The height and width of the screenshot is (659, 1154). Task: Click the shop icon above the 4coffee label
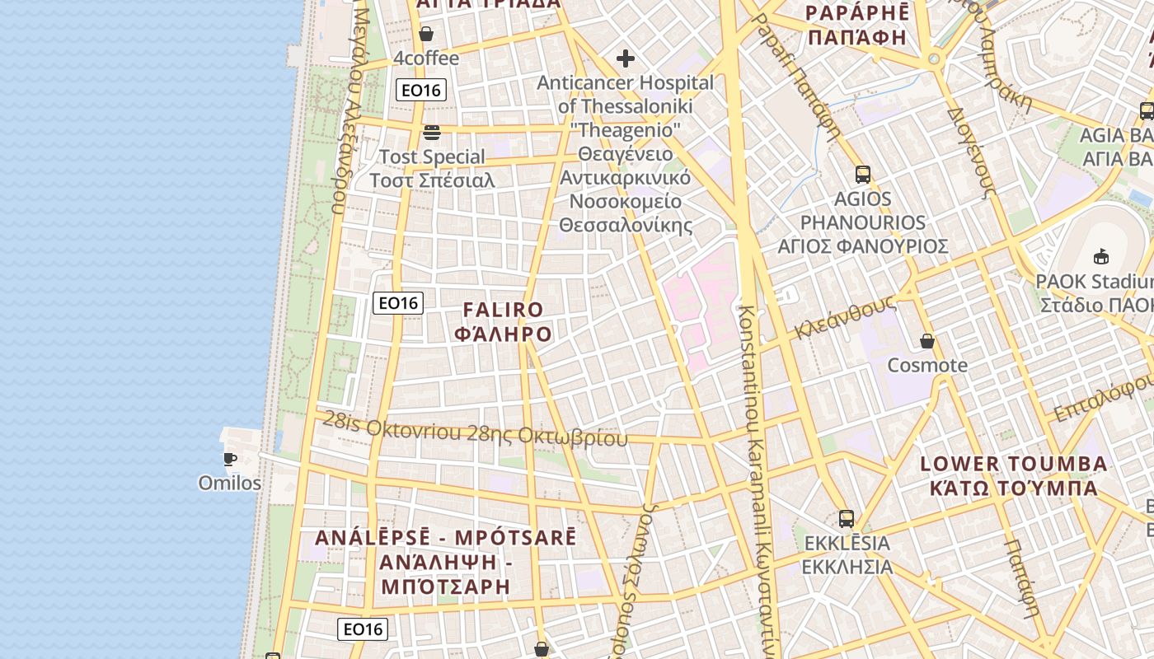pyautogui.click(x=426, y=34)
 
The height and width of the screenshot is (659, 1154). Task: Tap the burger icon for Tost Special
pyautogui.click(x=432, y=132)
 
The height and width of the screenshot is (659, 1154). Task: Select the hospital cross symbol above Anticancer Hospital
pyautogui.click(x=626, y=58)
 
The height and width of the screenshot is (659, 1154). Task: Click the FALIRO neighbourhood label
pyautogui.click(x=504, y=311)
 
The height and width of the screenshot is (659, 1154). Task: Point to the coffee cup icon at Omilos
pyautogui.click(x=230, y=459)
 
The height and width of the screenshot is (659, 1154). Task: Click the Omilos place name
pyautogui.click(x=230, y=483)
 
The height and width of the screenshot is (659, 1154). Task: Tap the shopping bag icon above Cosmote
pyautogui.click(x=927, y=341)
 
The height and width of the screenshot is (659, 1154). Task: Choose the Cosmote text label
pyautogui.click(x=927, y=365)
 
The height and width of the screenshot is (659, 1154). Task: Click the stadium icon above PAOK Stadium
pyautogui.click(x=1101, y=256)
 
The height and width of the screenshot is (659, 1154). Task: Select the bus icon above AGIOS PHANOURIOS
pyautogui.click(x=863, y=175)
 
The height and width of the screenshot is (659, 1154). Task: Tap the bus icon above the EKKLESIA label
pyautogui.click(x=847, y=519)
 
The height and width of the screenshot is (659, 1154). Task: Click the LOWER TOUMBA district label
pyautogui.click(x=1014, y=464)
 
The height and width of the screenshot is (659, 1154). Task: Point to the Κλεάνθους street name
pyautogui.click(x=845, y=318)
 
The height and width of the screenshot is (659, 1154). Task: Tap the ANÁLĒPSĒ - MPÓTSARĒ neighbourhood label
pyautogui.click(x=445, y=538)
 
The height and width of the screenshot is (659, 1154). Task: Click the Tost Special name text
pyautogui.click(x=432, y=157)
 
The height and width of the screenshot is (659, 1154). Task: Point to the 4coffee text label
pyautogui.click(x=426, y=58)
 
